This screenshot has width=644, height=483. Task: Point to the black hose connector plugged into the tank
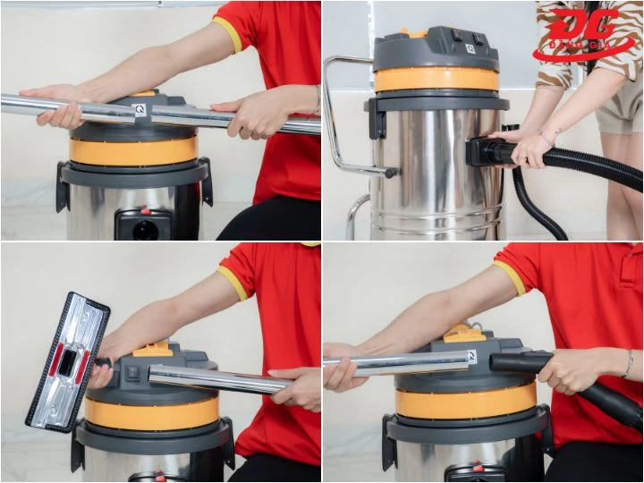coord(488,151)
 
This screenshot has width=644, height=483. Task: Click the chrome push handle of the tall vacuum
coord(340,116)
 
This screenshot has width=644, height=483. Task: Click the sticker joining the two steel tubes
coord(140,109)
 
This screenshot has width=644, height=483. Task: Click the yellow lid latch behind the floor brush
coord(154,348)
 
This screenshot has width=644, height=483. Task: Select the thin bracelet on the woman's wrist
coord(545,139)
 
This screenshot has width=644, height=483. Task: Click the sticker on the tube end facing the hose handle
coord(470,357)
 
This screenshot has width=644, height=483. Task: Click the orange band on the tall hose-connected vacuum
coord(436,80)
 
